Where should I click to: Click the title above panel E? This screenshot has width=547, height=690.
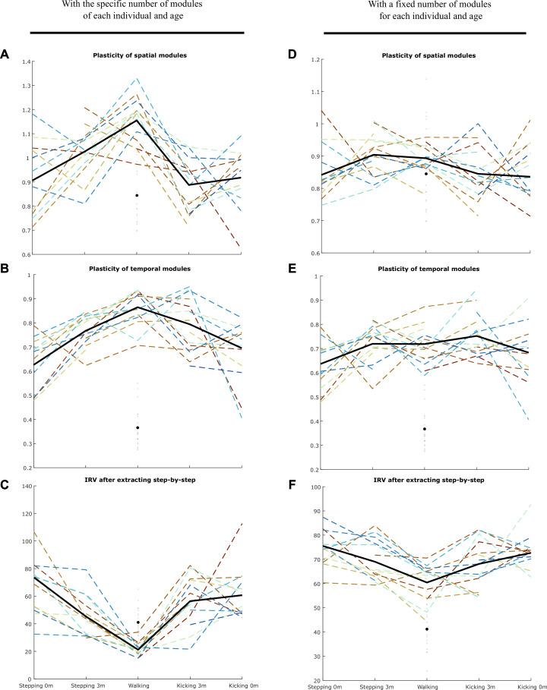tap(425, 269)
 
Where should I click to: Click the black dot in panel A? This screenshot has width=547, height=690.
tap(137, 196)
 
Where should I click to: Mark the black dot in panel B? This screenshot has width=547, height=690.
tap(137, 427)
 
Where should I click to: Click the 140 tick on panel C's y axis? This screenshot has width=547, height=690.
tap(23, 486)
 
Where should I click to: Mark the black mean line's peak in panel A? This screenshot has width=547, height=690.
tap(138, 120)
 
